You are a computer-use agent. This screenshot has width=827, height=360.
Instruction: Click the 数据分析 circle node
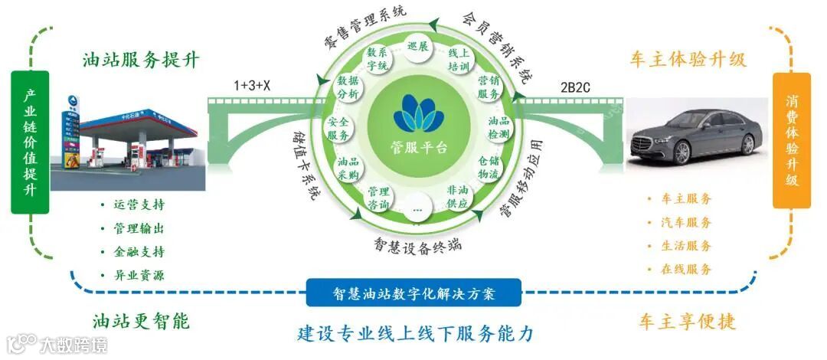[348, 87]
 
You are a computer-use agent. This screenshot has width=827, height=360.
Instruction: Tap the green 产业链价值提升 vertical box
[30, 142]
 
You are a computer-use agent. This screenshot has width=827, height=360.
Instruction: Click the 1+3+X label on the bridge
[253, 85]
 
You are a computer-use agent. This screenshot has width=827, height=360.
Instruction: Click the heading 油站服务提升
[142, 60]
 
